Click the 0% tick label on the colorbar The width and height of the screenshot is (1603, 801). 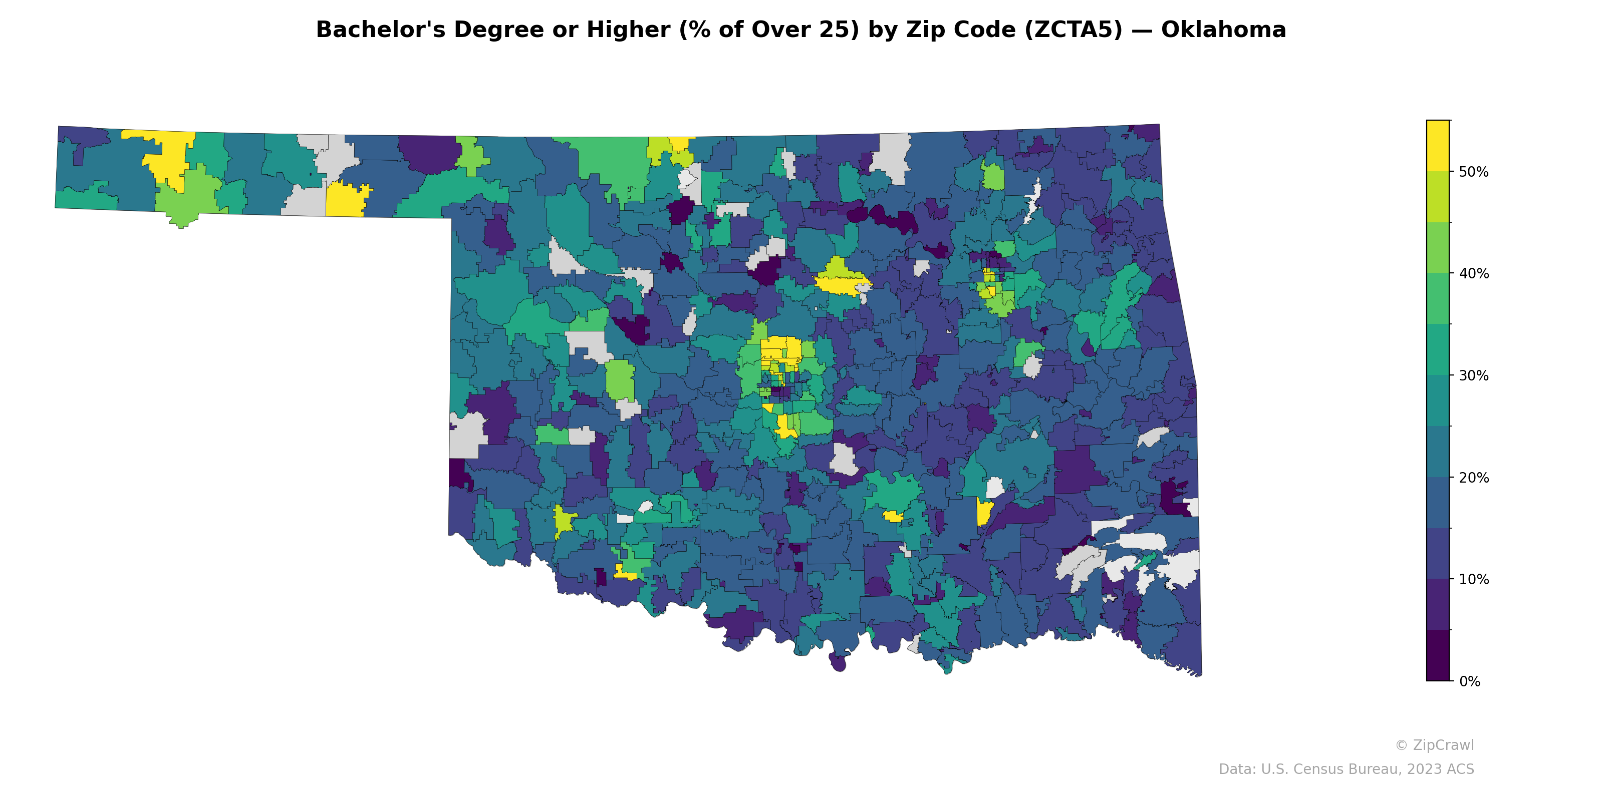1469,681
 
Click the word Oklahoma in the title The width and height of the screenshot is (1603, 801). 1223,30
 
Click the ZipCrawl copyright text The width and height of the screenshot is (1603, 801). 1434,745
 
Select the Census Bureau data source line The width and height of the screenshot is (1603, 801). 1346,769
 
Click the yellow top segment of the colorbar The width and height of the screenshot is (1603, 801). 1438,144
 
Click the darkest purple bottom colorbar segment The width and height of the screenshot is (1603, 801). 1438,656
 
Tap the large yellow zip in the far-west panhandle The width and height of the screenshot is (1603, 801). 169,156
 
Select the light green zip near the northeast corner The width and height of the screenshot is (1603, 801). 993,177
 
